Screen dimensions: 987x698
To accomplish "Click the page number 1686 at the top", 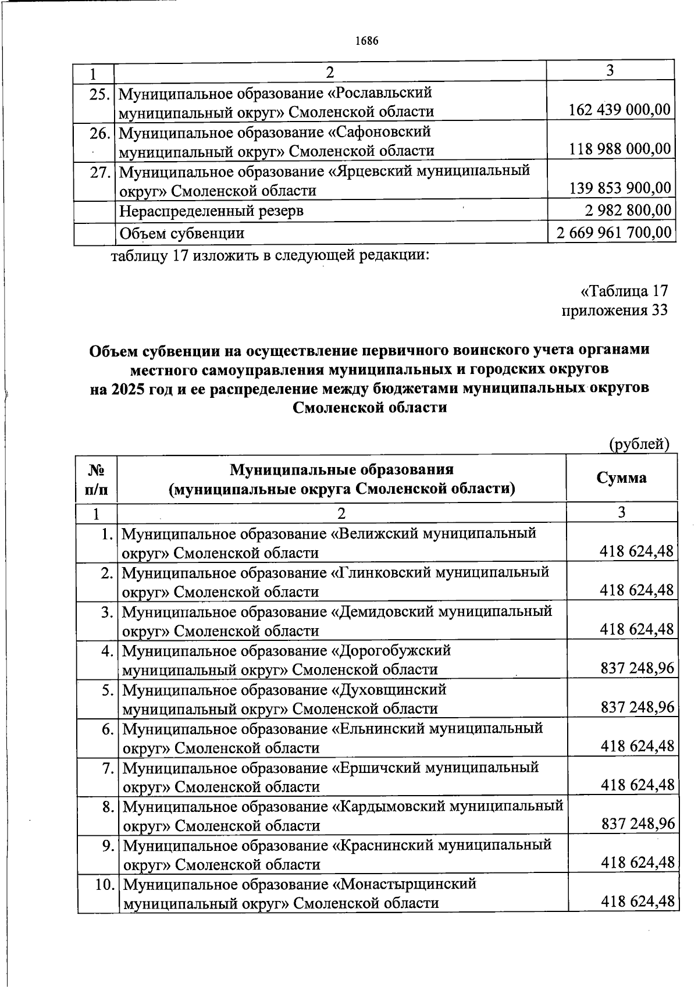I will click(x=366, y=41).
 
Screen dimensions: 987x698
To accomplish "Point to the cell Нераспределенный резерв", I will click(x=211, y=211).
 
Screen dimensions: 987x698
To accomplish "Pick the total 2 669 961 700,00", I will click(x=614, y=233).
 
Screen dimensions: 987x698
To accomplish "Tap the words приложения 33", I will click(x=614, y=310).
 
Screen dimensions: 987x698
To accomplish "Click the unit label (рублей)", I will click(x=639, y=444).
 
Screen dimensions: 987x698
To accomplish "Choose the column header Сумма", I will click(x=621, y=478).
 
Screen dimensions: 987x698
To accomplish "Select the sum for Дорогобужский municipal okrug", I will click(x=637, y=668).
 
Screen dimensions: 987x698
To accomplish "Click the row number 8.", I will click(x=107, y=807).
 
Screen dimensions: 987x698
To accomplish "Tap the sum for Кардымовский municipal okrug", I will click(x=637, y=824).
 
